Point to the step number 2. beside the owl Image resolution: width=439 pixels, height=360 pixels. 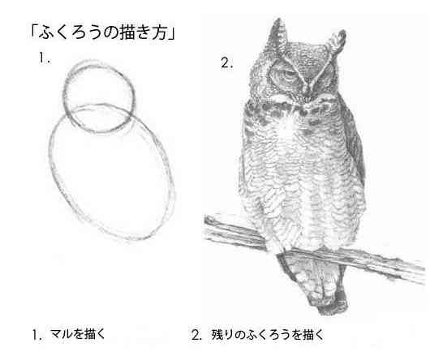[226, 63]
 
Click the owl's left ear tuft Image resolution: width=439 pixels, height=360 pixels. [275, 36]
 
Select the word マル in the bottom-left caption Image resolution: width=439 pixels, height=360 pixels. [57, 333]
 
